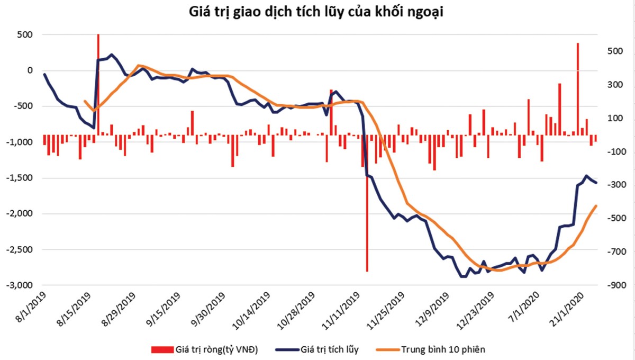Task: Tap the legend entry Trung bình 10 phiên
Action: tap(442, 349)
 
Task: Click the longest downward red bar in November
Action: tap(367, 212)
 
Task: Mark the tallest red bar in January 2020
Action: tap(577, 90)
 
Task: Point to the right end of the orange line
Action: tap(596, 206)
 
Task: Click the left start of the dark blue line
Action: tap(44, 74)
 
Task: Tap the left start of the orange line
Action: tap(85, 101)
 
